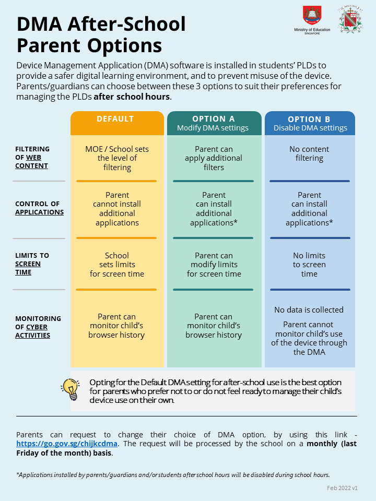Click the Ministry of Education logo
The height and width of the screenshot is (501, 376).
pos(312,20)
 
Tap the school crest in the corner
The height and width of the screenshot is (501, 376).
pos(350,19)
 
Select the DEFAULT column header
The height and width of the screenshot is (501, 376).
pos(115,119)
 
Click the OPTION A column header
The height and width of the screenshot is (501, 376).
pos(213,123)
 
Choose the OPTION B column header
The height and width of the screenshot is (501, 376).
pos(310,123)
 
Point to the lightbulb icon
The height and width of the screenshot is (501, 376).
pos(70,389)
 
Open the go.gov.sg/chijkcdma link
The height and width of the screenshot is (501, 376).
pos(67,444)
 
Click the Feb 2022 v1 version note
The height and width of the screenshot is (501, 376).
pos(342,488)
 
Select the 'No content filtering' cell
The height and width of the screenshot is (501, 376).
pos(309,153)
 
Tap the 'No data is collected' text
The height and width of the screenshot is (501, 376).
pos(309,310)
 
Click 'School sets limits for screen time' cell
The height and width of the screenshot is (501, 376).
pos(117,265)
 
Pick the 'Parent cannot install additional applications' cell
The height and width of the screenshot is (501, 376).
pos(117,209)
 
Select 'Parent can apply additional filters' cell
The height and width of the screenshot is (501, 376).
pos(214,158)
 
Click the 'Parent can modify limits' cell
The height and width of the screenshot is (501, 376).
pos(214,265)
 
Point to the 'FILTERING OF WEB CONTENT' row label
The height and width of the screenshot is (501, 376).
pos(32,157)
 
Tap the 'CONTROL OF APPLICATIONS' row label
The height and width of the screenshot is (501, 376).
pos(39,208)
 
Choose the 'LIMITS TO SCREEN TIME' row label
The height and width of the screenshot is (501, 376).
pos(32,264)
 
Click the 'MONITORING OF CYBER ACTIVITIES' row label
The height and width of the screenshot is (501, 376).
pos(38,327)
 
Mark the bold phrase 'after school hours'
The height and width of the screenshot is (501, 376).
pos(132,97)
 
